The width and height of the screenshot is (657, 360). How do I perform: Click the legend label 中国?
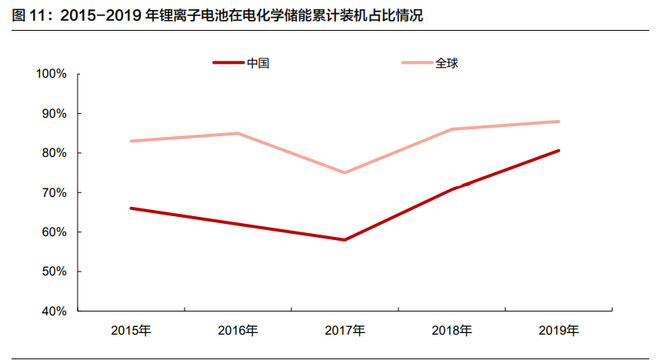click(258, 63)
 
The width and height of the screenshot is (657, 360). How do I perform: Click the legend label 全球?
click(446, 63)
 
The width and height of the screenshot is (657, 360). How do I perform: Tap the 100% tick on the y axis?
click(52, 74)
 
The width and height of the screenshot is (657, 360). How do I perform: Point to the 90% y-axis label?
click(55, 114)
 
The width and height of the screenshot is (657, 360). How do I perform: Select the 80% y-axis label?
click(55, 153)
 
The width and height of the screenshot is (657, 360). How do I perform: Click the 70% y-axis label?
click(55, 192)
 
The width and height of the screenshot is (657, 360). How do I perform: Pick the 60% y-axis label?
click(55, 232)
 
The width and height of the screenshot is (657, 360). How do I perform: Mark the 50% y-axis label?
click(55, 272)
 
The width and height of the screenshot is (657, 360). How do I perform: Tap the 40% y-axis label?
click(55, 312)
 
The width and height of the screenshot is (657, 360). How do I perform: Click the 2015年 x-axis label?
click(131, 331)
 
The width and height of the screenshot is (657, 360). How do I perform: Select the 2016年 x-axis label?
click(238, 331)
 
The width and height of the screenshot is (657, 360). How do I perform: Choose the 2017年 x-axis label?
click(345, 331)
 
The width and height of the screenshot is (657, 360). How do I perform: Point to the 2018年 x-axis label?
click(452, 331)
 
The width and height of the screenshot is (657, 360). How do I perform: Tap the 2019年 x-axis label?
click(559, 331)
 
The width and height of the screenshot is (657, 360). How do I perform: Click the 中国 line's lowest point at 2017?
click(345, 240)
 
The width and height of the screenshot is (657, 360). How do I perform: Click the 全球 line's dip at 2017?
click(345, 172)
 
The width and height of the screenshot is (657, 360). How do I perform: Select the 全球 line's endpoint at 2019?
click(559, 122)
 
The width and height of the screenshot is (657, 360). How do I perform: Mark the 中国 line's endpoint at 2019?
click(559, 151)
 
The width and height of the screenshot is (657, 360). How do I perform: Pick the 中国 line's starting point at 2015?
click(131, 208)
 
